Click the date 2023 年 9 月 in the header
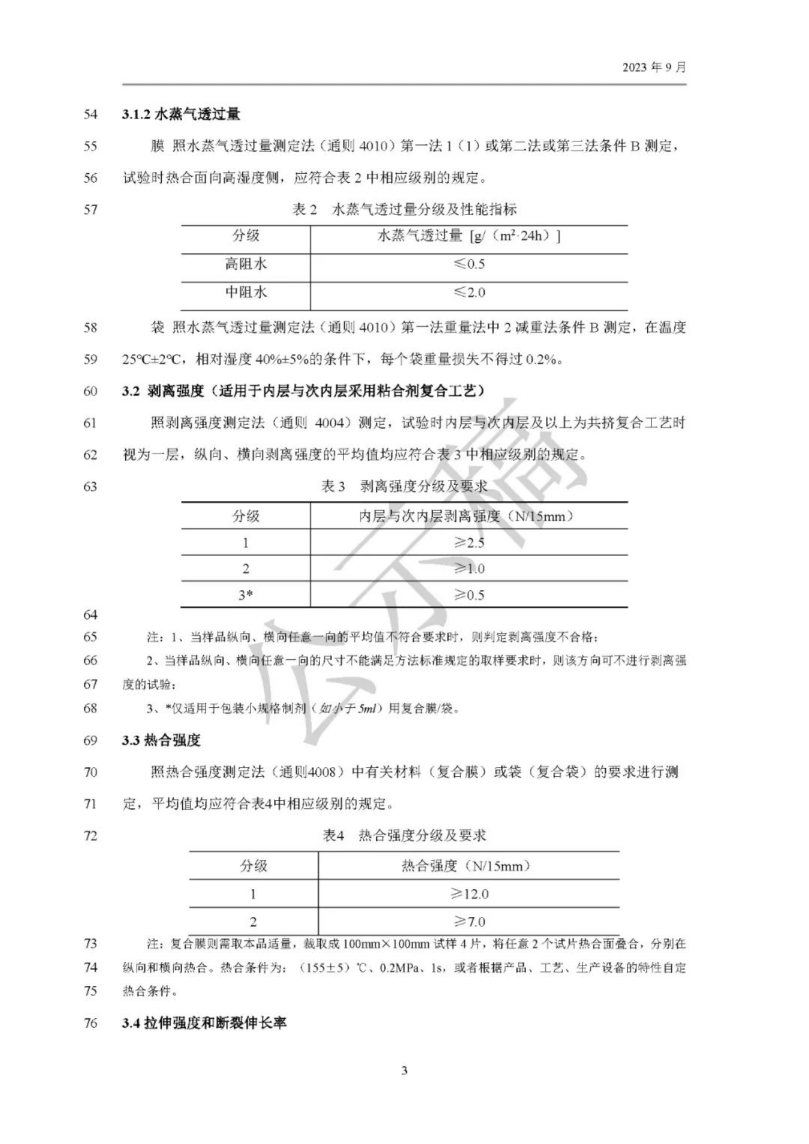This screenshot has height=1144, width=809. click(654, 67)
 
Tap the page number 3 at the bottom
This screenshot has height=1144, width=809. click(404, 1070)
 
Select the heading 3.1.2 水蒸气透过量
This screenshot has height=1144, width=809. click(181, 114)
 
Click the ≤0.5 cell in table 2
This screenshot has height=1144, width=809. click(469, 264)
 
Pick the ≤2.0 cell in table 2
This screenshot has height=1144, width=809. click(469, 292)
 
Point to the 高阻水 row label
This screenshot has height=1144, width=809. click(246, 264)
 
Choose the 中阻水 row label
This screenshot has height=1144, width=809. click(246, 292)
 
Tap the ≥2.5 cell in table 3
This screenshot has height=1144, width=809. click(469, 542)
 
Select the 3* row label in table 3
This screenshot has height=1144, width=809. click(246, 595)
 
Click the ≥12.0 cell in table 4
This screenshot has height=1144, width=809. click(469, 894)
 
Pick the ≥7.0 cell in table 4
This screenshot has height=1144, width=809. click(469, 922)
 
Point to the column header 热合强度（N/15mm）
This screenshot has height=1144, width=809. click(466, 865)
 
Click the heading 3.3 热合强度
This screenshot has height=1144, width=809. click(161, 740)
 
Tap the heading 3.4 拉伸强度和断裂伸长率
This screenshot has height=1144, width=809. click(204, 1022)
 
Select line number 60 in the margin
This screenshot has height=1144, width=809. click(90, 391)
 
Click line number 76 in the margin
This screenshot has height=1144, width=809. click(90, 1022)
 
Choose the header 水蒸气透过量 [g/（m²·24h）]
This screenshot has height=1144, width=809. click(469, 236)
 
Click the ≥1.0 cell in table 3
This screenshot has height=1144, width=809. click(469, 569)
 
